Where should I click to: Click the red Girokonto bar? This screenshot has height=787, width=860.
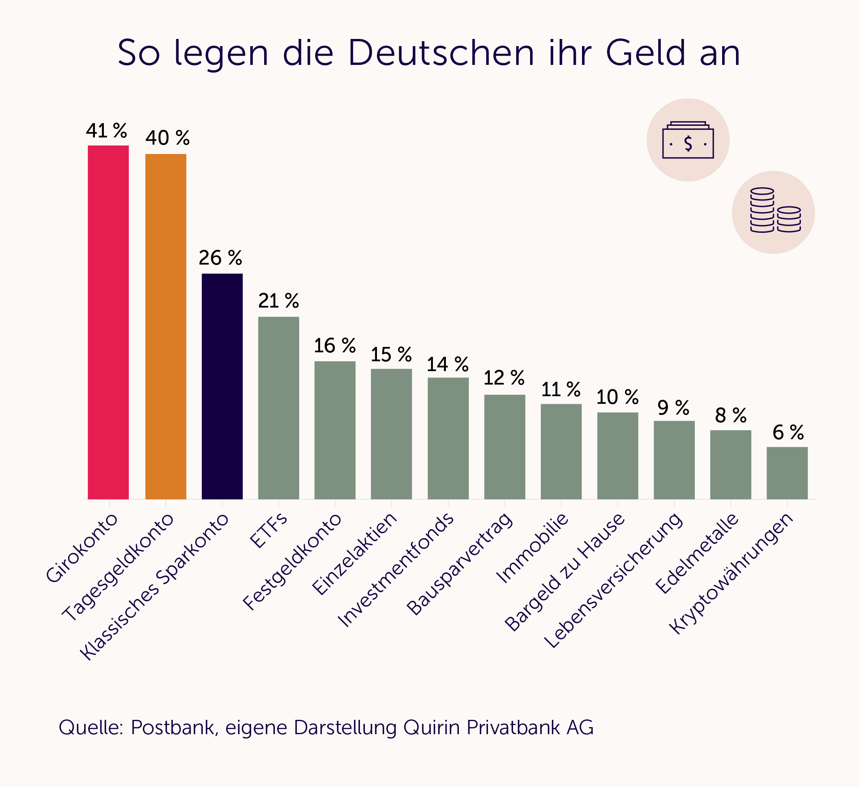[x=108, y=322]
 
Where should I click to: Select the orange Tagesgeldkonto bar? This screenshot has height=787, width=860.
[x=166, y=326]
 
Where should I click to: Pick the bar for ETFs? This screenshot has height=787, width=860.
[x=278, y=408]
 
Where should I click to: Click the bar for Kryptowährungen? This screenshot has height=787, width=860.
[x=787, y=473]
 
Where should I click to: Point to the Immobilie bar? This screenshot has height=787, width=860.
[x=561, y=451]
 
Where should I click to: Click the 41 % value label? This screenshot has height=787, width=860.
[x=107, y=131]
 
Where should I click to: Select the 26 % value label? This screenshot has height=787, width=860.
[x=220, y=258]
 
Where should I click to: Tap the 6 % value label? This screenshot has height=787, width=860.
[x=788, y=432]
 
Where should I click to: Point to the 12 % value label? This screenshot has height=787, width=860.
[x=504, y=378]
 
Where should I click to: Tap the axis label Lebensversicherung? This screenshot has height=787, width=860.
[x=614, y=580]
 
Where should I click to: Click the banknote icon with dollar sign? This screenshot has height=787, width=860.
[x=688, y=140]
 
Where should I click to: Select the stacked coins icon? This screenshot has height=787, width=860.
[x=774, y=213]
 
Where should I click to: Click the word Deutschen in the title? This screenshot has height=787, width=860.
[x=441, y=53]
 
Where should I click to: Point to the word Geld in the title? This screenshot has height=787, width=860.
[x=646, y=53]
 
